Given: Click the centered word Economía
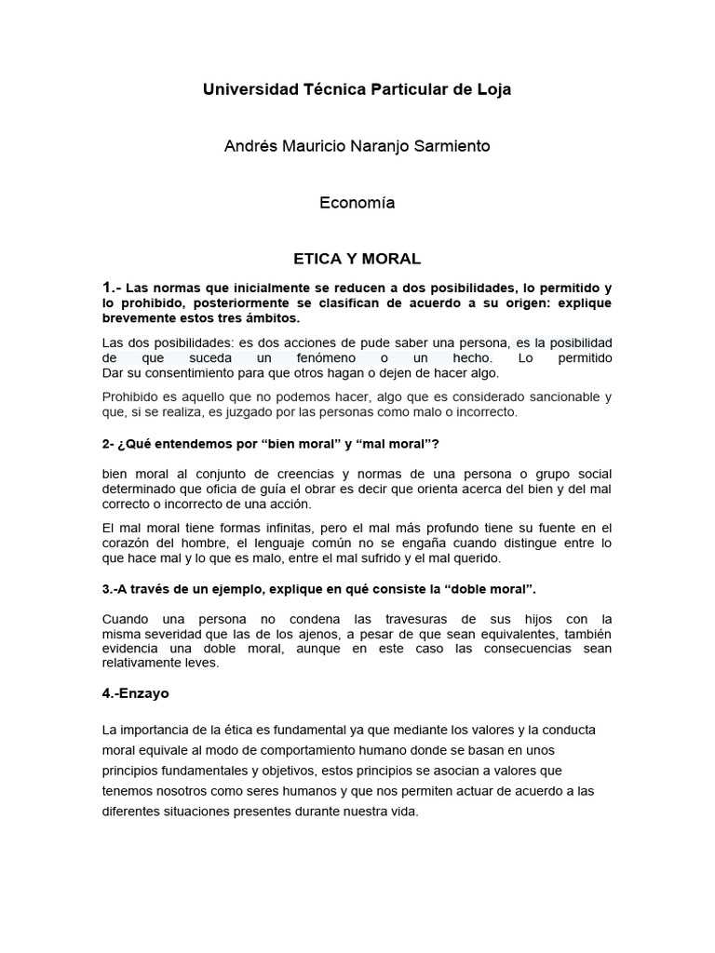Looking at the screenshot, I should click(357, 203).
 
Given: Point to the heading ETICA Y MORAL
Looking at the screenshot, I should click(357, 258).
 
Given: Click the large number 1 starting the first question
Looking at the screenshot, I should click(107, 288).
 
